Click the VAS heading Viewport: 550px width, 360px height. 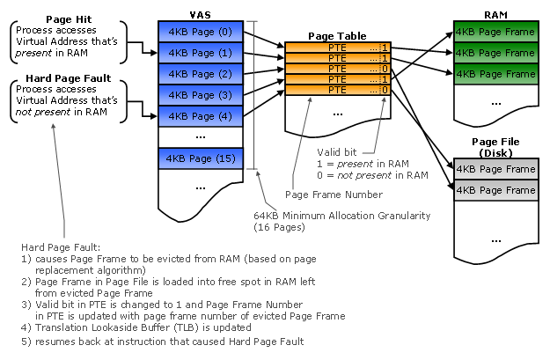pos(199,15)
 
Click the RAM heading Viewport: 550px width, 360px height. pos(495,15)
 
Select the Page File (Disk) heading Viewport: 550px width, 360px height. pos(495,147)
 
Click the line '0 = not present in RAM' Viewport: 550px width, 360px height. pos(372,175)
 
